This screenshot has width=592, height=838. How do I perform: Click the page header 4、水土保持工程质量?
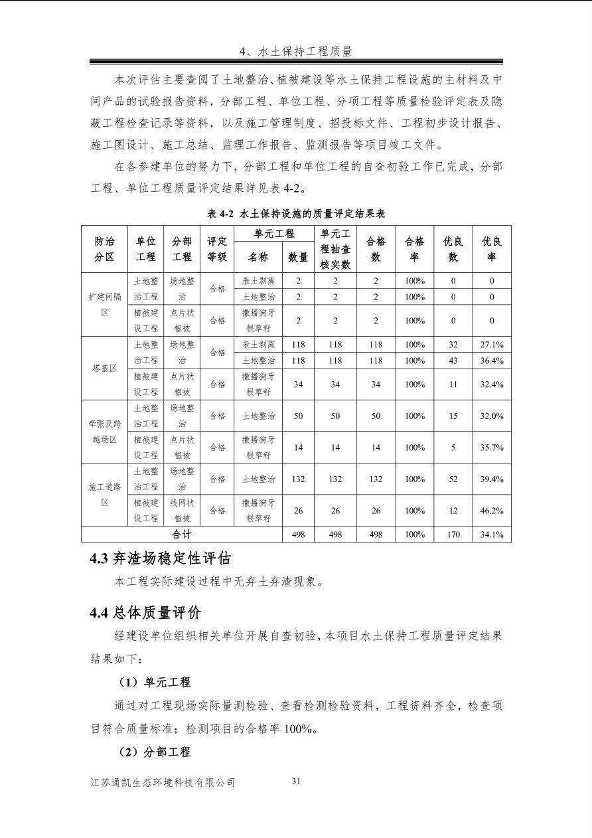(296, 51)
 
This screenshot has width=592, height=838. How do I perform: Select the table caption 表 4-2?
(296, 214)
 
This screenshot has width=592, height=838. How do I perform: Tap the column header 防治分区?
(104, 249)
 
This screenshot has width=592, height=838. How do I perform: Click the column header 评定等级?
(217, 249)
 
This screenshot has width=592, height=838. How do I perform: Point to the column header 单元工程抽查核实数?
(335, 249)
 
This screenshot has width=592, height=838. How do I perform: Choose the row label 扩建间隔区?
(104, 304)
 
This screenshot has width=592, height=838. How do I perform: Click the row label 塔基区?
(104, 368)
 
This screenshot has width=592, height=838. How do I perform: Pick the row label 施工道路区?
(104, 495)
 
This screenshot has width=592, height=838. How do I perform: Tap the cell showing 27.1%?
(492, 345)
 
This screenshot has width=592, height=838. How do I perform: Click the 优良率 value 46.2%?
(492, 511)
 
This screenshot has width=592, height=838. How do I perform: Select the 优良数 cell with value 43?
(453, 361)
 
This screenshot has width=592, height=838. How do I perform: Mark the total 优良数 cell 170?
(453, 534)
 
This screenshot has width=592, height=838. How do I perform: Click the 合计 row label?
(182, 534)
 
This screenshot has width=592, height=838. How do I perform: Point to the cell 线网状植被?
(182, 511)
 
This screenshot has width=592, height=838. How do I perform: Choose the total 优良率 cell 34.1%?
(492, 534)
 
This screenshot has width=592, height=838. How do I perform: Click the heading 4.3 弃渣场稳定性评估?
(161, 558)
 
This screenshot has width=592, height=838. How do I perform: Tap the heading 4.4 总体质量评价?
(145, 612)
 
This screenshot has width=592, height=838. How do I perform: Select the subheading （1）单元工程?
(154, 682)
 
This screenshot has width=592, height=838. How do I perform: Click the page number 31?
(296, 781)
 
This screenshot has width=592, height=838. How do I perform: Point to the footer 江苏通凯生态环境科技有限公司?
(163, 782)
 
